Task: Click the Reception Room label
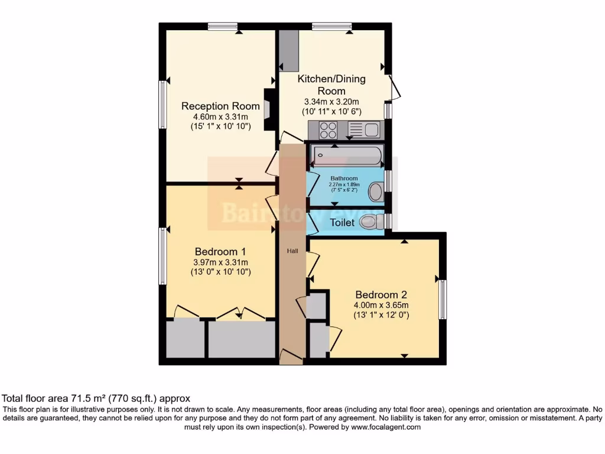(220, 106)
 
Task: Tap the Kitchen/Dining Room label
(331, 85)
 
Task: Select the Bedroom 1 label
(220, 252)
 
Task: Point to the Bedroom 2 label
(381, 294)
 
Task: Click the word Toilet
(342, 223)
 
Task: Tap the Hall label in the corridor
(292, 251)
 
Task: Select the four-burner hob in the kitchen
(328, 130)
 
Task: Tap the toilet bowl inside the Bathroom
(375, 192)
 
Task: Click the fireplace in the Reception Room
(269, 109)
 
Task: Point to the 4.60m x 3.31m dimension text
(220, 117)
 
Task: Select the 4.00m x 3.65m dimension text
(381, 305)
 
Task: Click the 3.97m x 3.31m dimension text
(220, 262)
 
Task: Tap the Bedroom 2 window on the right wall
(442, 300)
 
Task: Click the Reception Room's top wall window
(223, 26)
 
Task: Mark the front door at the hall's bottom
(291, 356)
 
